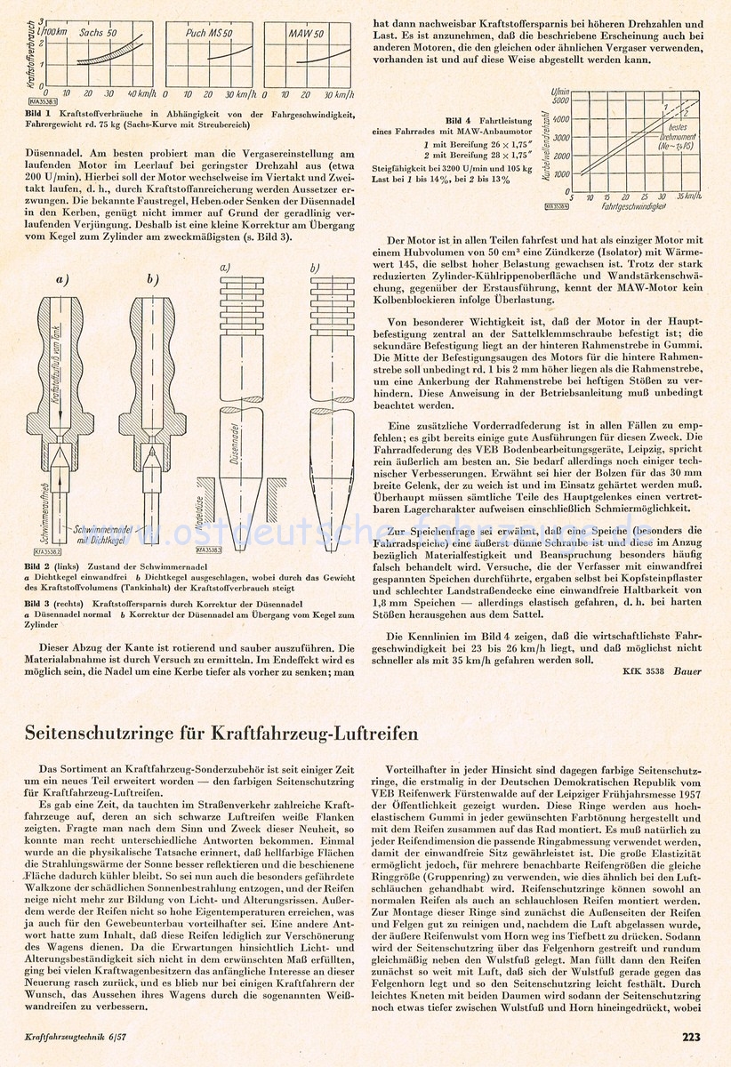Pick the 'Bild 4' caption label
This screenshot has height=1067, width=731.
(482, 119)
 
